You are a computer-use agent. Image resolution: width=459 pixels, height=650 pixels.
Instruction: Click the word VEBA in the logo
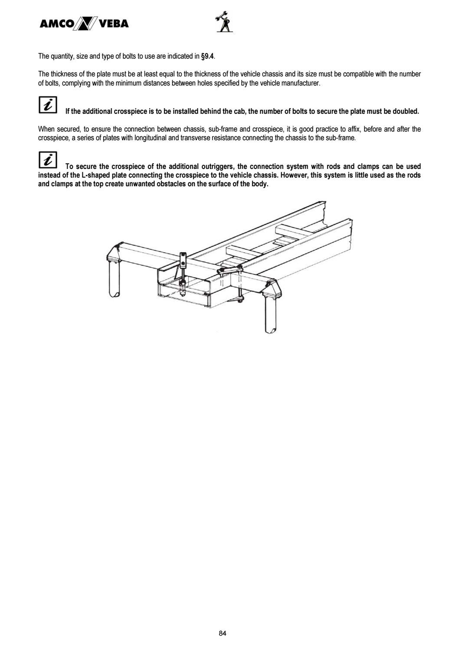click(114, 23)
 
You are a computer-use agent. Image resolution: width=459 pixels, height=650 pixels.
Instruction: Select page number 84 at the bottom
click(223, 634)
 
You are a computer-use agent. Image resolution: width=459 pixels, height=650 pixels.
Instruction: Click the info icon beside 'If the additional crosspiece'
click(48, 105)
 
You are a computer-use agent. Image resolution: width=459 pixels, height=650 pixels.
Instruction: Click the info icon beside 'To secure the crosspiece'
click(48, 160)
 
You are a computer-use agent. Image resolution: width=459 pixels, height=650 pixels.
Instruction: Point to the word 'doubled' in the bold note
click(406, 112)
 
